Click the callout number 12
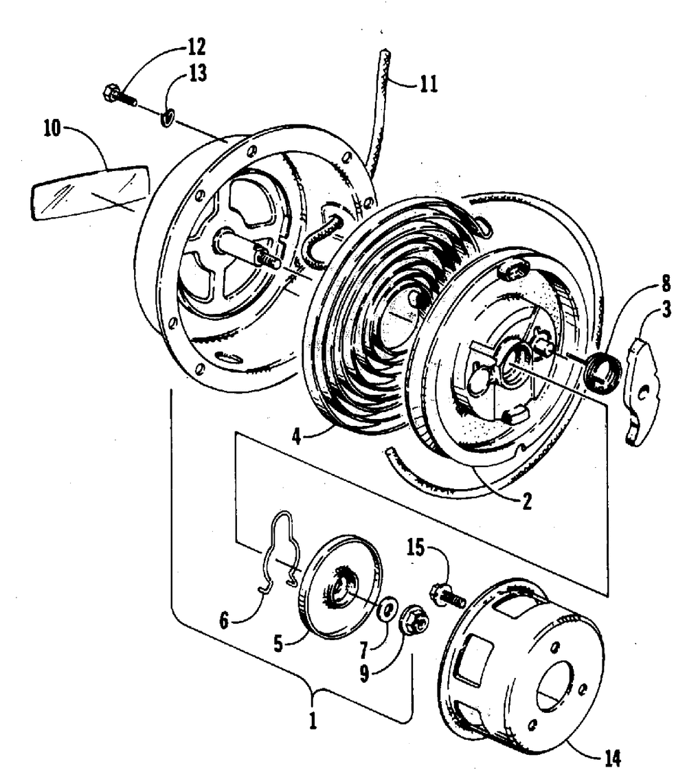[196, 47]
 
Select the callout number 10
[52, 128]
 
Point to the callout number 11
[429, 84]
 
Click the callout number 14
[612, 759]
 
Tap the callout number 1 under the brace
[313, 722]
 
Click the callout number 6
[224, 621]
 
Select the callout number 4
[296, 438]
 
